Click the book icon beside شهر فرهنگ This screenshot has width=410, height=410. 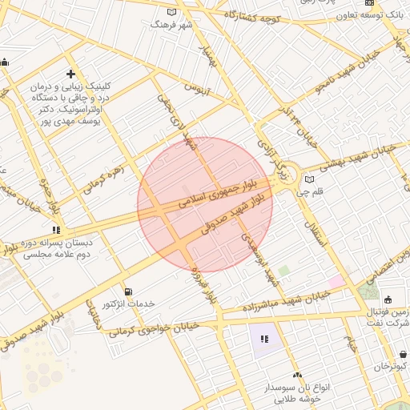[x=171, y=12]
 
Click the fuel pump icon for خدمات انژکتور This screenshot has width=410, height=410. [x=128, y=291]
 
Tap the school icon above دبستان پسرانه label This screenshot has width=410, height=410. [x=55, y=231]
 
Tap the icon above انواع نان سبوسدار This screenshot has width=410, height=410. [x=297, y=375]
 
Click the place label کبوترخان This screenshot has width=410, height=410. [x=383, y=366]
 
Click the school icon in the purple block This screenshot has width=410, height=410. [x=263, y=339]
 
